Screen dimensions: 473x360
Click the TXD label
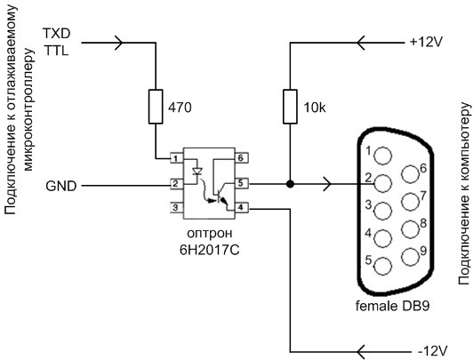pyautogui.click(x=56, y=34)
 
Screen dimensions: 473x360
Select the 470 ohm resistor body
pyautogui.click(x=156, y=107)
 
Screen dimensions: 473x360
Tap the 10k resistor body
pyautogui.click(x=290, y=107)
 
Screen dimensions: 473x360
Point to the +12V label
pyautogui.click(x=426, y=42)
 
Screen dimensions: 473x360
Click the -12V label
pyautogui.click(x=432, y=351)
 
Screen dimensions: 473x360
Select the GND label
pyautogui.click(x=61, y=186)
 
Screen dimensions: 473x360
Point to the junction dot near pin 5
pyautogui.click(x=290, y=184)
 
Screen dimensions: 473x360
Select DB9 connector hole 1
pyautogui.click(x=383, y=156)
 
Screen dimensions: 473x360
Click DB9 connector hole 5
pyautogui.click(x=383, y=266)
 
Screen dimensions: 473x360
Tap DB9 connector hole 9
pyautogui.click(x=410, y=257)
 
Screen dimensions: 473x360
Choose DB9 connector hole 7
pyautogui.click(x=410, y=202)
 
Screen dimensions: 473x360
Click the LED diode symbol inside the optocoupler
pyautogui.click(x=197, y=172)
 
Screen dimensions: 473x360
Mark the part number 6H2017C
pyautogui.click(x=209, y=250)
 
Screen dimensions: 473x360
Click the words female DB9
pyautogui.click(x=392, y=306)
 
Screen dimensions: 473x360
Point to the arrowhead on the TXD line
pyautogui.click(x=118, y=43)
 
